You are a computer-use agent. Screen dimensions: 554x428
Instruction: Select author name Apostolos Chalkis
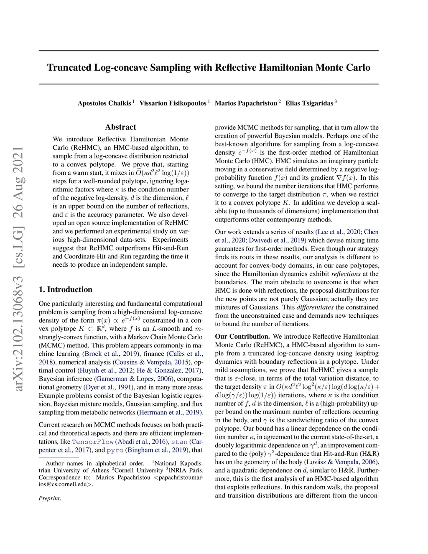[x=104, y=103]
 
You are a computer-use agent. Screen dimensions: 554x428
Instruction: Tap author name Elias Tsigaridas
[x=309, y=103]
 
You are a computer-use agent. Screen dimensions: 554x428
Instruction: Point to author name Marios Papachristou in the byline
[x=246, y=103]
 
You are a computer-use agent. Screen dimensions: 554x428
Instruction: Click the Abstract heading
[x=121, y=127]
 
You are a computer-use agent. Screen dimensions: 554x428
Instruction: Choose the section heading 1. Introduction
[x=66, y=289]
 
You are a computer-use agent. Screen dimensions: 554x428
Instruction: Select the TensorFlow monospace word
[x=93, y=442]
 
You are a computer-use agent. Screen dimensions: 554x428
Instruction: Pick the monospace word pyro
[x=115, y=450]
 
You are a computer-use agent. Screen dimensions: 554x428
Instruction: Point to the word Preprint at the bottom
[x=50, y=498]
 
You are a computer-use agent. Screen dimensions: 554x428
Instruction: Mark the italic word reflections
[x=346, y=274]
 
